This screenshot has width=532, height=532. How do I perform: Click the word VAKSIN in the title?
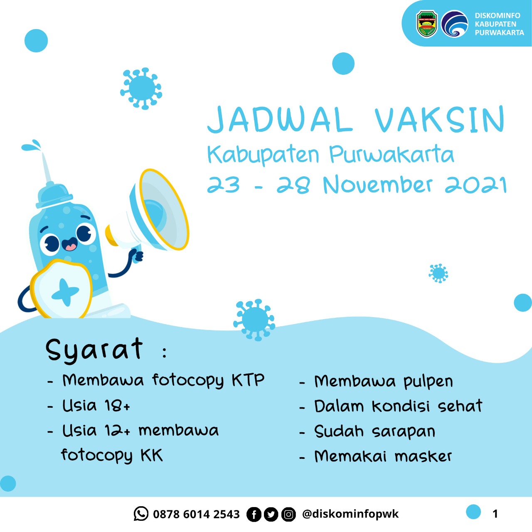(439, 120)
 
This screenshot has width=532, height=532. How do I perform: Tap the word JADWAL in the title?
(280, 120)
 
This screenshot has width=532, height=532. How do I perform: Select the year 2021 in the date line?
(476, 185)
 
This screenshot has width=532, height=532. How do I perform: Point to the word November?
(378, 185)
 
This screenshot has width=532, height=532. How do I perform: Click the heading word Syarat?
(94, 349)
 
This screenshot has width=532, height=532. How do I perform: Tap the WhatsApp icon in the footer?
(141, 514)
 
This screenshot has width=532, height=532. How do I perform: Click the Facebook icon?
(254, 515)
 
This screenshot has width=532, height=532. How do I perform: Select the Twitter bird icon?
(271, 515)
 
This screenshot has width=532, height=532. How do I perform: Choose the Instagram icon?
(288, 515)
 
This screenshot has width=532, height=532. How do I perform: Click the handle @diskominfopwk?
(350, 514)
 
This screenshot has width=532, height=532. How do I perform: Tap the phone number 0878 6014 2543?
(196, 515)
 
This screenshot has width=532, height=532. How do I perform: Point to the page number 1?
(495, 514)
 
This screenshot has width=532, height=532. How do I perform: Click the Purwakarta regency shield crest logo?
(427, 24)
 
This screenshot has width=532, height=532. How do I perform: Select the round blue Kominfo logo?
(454, 24)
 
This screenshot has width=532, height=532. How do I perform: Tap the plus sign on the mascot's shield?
(65, 292)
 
